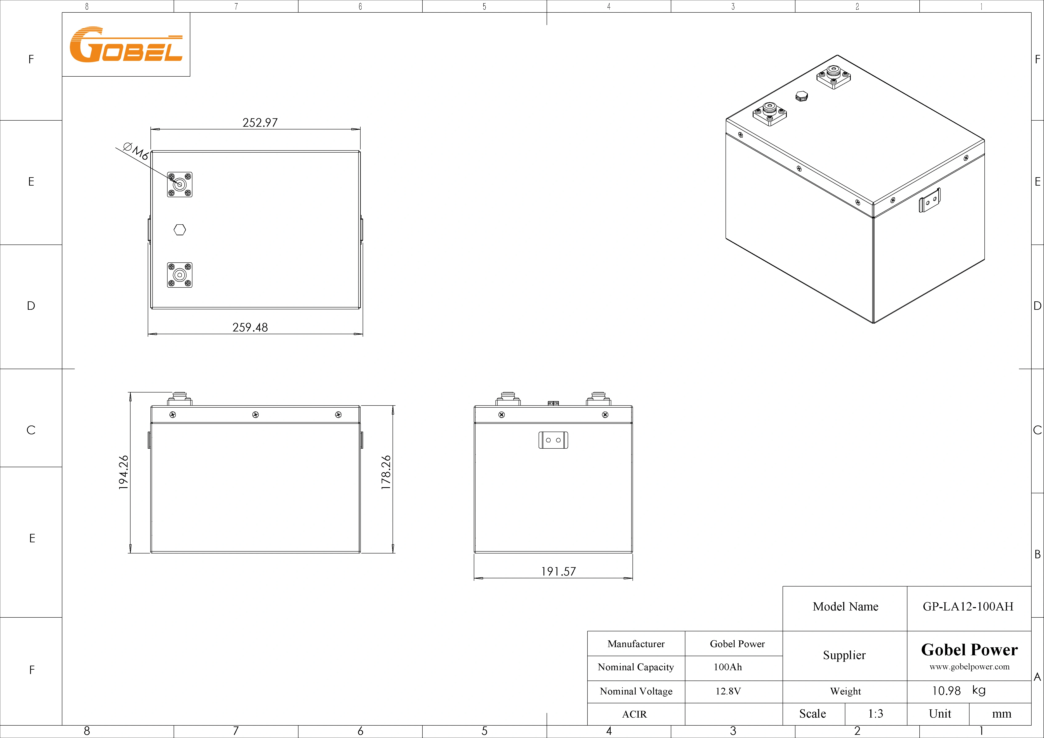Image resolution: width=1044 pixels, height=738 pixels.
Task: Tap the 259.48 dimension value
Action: (x=250, y=327)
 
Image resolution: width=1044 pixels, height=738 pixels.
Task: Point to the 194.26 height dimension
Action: (x=123, y=472)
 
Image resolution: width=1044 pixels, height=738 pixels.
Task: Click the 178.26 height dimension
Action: (x=386, y=472)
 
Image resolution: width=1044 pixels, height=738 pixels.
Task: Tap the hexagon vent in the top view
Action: (x=180, y=230)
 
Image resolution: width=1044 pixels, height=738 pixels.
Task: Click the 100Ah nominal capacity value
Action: (x=727, y=667)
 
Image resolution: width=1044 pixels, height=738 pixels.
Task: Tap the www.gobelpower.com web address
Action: (x=969, y=667)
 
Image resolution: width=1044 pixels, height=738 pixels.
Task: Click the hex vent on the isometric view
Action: (x=802, y=96)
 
